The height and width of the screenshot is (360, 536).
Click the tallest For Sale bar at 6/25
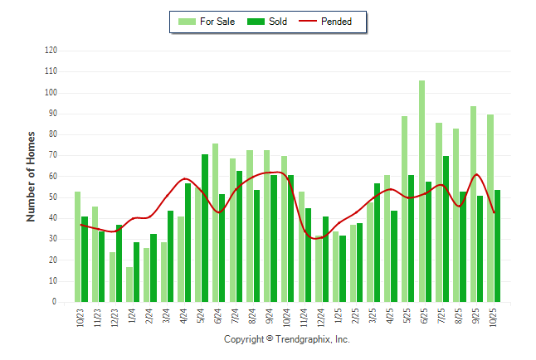tap(422, 191)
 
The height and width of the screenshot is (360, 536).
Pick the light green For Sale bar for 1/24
tap(129, 285)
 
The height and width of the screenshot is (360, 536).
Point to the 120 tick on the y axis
tap(51, 51)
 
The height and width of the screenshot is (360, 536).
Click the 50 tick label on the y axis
tap(53, 197)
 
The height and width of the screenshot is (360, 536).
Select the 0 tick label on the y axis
tap(55, 302)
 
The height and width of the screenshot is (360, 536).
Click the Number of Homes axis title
tap(31, 176)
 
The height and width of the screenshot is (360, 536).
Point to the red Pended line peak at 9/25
tap(476, 174)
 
